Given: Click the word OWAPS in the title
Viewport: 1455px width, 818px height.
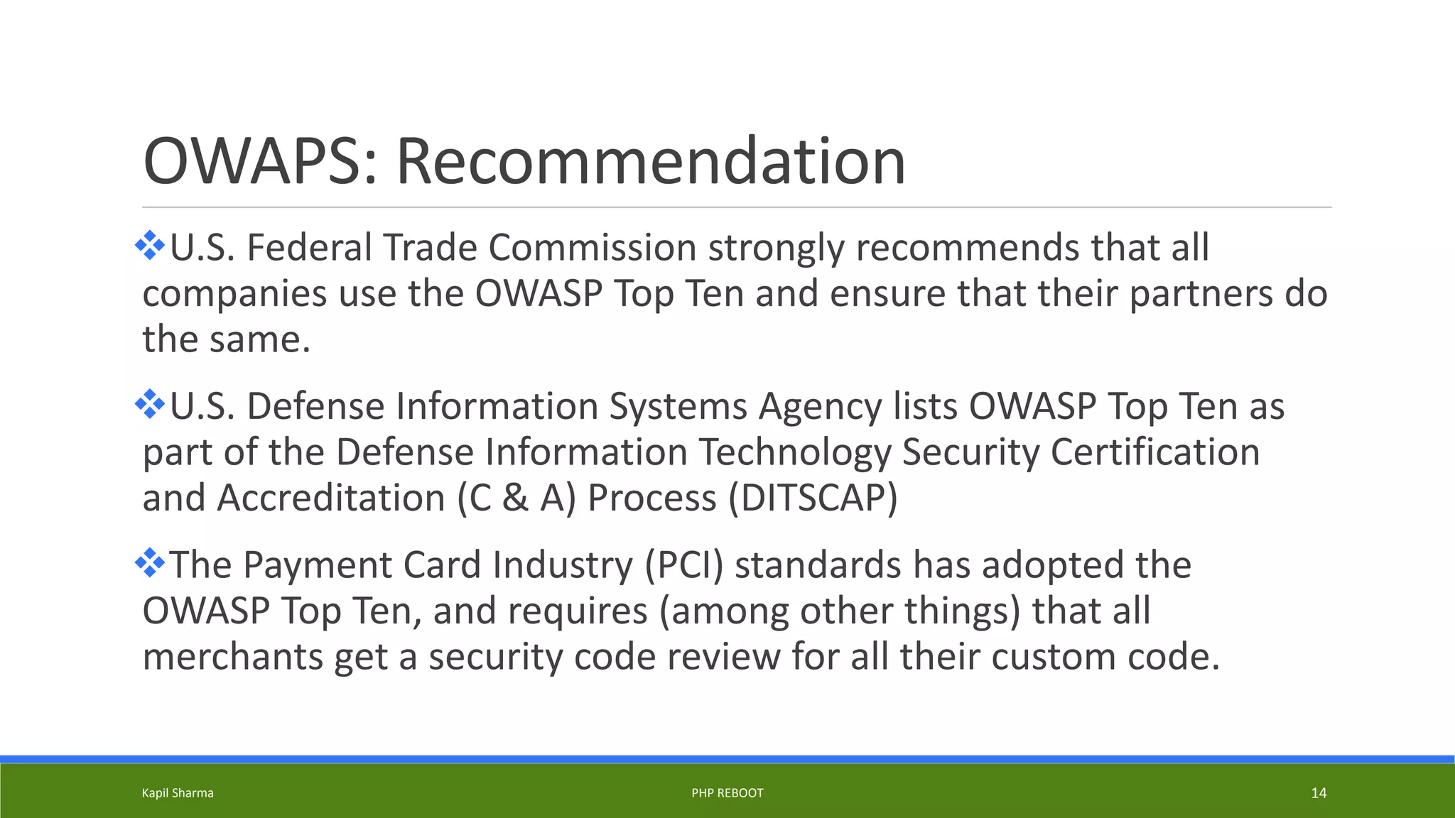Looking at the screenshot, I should (254, 162).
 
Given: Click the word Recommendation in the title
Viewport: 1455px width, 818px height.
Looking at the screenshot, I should (650, 162).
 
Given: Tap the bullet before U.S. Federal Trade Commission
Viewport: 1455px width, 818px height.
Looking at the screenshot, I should (150, 246).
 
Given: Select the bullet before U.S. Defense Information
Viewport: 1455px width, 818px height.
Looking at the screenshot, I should (150, 404).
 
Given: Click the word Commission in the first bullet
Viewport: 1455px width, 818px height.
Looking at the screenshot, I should (592, 248).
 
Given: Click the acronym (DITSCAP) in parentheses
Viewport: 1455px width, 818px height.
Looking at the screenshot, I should (813, 498).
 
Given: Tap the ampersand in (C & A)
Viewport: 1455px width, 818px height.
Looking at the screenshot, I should (515, 498).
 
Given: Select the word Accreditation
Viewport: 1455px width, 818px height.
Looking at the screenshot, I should (330, 498).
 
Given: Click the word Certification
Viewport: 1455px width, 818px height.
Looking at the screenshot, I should (1154, 452).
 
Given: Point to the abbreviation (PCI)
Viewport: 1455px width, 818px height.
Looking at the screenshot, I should (683, 565).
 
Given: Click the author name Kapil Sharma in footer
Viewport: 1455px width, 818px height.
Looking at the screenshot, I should (178, 793).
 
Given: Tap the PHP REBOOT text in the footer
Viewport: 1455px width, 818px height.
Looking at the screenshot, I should (727, 793).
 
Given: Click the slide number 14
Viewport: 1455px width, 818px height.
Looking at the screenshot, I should (1318, 793).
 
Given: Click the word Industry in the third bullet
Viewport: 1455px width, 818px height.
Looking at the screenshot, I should (562, 566).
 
